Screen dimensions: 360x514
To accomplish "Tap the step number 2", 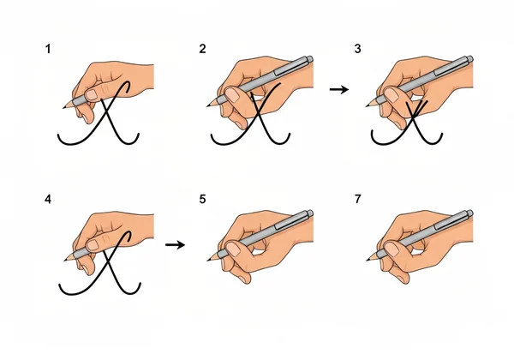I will tap(202, 50).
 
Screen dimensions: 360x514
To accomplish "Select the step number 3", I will tap(358, 50).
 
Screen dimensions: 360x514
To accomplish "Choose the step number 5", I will tap(202, 200).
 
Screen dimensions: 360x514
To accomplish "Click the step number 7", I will tap(358, 200).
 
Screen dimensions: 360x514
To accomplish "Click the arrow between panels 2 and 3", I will tap(339, 89).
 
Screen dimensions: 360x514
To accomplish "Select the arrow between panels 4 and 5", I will tap(175, 244).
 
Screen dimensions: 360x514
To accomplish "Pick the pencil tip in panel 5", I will tap(210, 256).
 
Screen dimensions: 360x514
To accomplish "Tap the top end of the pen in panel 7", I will tap(469, 213).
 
